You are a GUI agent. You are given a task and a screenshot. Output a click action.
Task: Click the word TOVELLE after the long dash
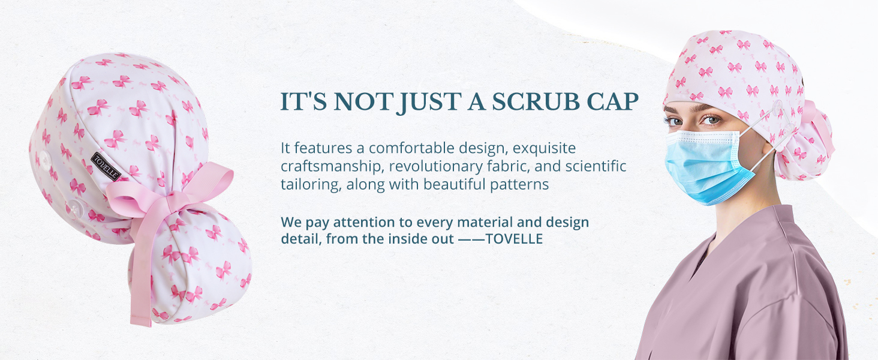click(x=514, y=239)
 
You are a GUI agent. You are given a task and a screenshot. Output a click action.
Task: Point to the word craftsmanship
click(x=331, y=166)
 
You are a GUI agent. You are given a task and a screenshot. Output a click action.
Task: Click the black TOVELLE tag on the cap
click(x=106, y=166)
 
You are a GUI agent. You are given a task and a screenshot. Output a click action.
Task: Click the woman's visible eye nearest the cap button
click(x=711, y=119)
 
